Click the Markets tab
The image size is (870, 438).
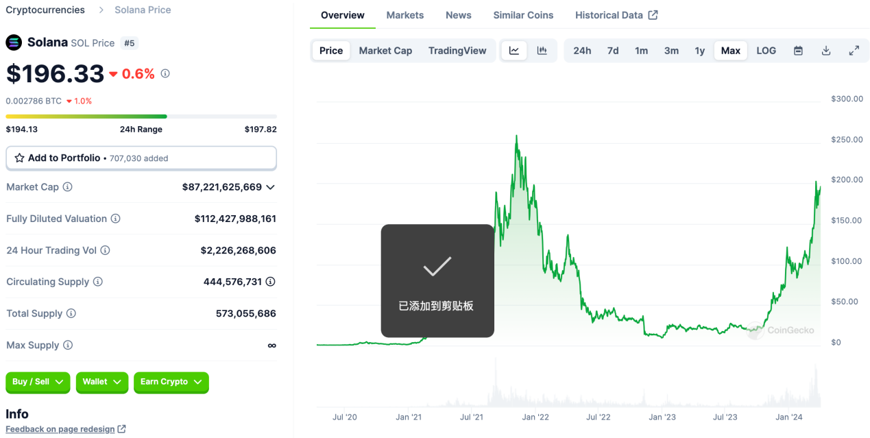[x=404, y=15]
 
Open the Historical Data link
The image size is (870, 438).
[x=616, y=15]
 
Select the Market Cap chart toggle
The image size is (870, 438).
[x=385, y=51]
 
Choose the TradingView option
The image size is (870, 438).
[x=457, y=51]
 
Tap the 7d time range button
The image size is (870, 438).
[x=613, y=51]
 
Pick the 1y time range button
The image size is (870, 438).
[x=699, y=51]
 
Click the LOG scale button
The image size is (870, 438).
[x=766, y=51]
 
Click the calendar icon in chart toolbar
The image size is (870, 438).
[x=798, y=51]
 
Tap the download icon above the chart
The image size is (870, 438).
[x=826, y=51]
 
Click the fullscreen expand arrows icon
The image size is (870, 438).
[x=854, y=51]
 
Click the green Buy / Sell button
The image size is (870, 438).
[x=38, y=382]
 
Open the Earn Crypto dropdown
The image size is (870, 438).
[x=171, y=382]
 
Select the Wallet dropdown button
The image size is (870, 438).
[x=101, y=382]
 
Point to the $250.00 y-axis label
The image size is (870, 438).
[x=847, y=140]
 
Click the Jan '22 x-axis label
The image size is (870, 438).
[x=535, y=417]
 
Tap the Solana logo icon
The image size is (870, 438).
[x=14, y=42]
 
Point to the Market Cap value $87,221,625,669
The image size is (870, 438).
[x=222, y=187]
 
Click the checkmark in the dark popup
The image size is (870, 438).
[x=437, y=267]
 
